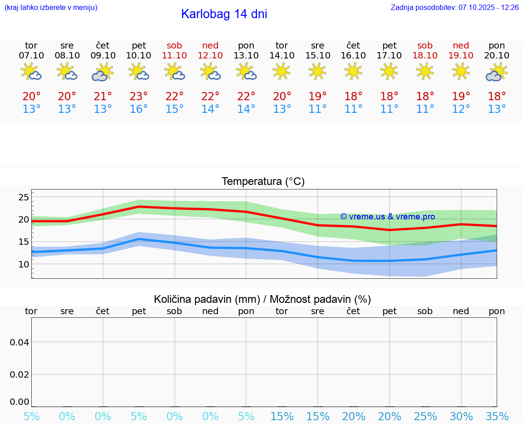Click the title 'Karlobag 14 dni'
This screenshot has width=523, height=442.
[224, 14]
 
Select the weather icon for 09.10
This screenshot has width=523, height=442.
[103, 73]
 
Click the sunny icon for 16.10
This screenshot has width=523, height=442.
[353, 71]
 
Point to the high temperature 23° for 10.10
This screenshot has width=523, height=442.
[138, 97]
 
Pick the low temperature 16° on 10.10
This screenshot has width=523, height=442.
[138, 109]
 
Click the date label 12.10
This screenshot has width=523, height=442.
[210, 55]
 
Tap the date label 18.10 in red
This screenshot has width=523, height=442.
[425, 55]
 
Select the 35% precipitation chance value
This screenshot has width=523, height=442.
[497, 417]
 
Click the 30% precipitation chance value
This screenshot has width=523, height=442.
[461, 417]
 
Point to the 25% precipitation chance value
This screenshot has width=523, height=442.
[425, 417]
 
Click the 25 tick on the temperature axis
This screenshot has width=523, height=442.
[24, 197]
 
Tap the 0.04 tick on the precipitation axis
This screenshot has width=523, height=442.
[20, 342]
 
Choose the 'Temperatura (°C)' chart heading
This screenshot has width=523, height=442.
[263, 182]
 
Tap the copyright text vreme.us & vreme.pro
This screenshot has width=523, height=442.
[387, 217]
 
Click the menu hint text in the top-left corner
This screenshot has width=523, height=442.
[51, 7]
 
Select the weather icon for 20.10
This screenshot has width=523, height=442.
[497, 73]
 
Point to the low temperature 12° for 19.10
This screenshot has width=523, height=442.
[461, 109]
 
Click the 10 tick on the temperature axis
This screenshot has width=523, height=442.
[24, 264]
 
